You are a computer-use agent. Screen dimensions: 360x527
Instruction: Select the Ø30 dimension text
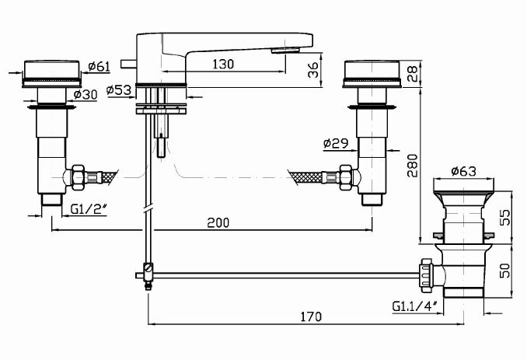[x=86, y=94]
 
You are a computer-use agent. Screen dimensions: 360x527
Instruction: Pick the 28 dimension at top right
[x=413, y=74]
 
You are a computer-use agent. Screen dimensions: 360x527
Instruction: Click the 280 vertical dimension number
[x=413, y=166]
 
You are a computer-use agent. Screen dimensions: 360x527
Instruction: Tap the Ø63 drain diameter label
[x=462, y=170]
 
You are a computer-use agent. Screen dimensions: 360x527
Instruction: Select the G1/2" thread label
[x=88, y=208]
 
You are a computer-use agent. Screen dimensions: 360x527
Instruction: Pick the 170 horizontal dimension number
[x=309, y=316]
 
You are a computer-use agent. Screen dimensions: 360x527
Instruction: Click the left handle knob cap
[x=49, y=72]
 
